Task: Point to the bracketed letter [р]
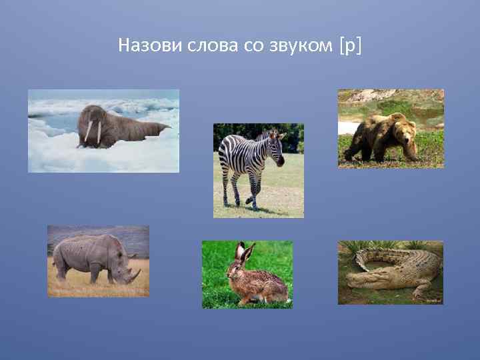point(350,46)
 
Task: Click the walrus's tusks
point(93,132)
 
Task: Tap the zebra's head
point(275,148)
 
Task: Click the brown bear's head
point(403,129)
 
